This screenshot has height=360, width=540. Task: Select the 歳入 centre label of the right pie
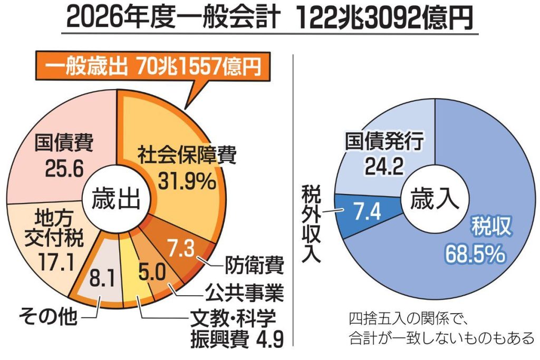pyautogui.click(x=434, y=200)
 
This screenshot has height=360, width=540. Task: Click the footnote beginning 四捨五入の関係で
pyautogui.click(x=441, y=328)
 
